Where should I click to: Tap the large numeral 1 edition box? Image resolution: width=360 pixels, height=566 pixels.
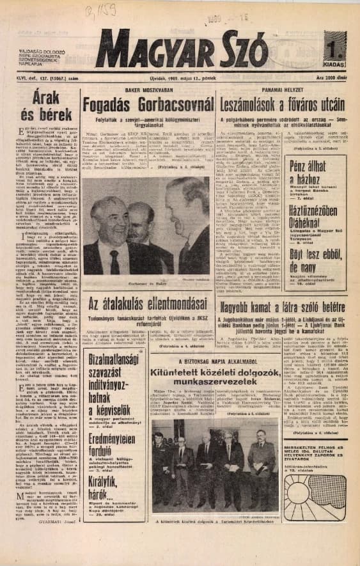tap(334, 49)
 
